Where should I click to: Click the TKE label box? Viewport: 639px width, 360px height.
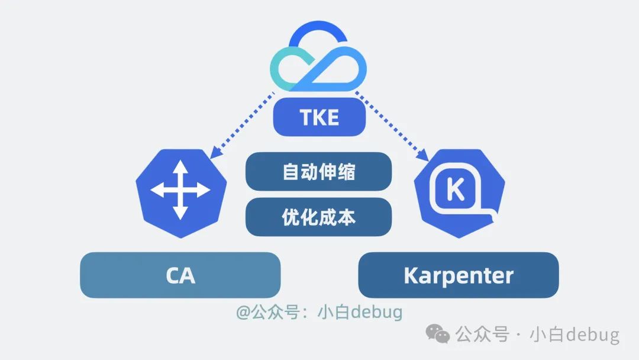(x=319, y=117)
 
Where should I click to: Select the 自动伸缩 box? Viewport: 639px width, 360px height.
(x=319, y=172)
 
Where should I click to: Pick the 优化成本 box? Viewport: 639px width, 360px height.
(x=319, y=217)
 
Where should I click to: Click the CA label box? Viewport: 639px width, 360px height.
(x=180, y=275)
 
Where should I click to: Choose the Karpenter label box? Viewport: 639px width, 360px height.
(x=459, y=275)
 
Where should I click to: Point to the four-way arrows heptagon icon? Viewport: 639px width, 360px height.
(x=180, y=191)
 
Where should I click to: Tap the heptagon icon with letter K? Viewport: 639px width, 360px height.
(x=459, y=191)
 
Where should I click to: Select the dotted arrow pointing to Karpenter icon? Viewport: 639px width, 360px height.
(x=393, y=125)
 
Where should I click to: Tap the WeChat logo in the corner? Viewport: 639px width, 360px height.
(x=438, y=335)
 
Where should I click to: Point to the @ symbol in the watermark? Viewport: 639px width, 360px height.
(x=243, y=312)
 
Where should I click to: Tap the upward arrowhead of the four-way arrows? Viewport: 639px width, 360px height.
(x=180, y=166)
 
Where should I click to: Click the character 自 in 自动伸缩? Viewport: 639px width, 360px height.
(x=291, y=172)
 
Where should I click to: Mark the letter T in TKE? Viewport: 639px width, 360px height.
(x=306, y=117)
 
